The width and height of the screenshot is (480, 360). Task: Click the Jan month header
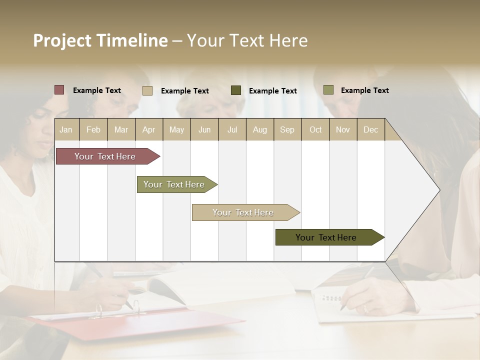66,130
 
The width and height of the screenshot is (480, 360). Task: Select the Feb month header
93,130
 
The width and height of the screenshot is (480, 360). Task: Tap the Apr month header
148,130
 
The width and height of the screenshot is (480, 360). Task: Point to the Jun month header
204,130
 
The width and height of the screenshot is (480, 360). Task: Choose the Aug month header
260,130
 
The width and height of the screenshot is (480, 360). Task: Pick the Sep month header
287,130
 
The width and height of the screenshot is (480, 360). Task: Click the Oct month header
315,130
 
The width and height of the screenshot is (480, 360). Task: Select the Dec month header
370,130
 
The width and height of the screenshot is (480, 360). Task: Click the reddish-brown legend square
59,90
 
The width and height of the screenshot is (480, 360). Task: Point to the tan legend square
147,90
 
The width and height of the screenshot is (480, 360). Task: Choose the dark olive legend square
236,90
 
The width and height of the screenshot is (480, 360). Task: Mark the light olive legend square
328,90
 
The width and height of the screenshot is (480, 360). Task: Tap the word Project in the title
62,41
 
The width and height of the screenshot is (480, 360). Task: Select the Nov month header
343,130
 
